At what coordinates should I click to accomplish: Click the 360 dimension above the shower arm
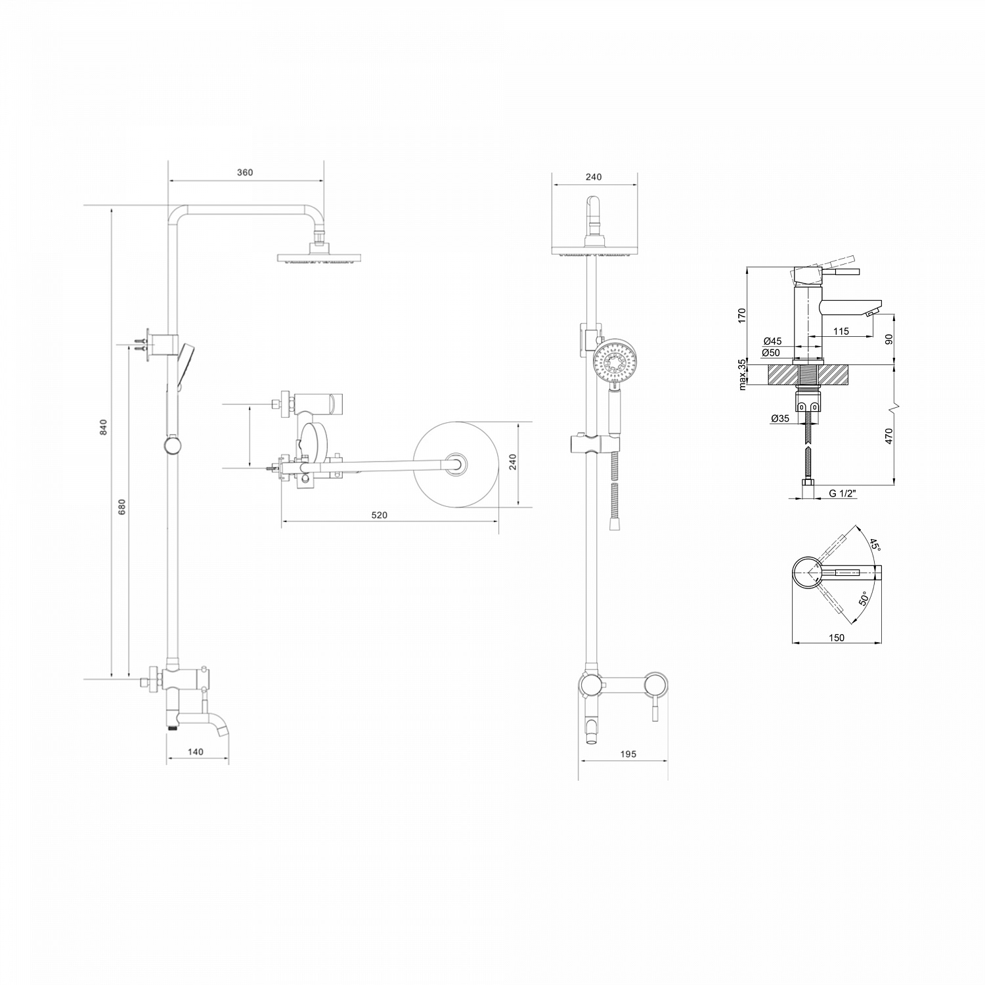(244, 173)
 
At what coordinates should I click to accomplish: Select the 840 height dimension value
(102, 426)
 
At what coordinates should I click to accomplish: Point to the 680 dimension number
(121, 507)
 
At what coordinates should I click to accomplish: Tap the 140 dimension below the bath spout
(196, 752)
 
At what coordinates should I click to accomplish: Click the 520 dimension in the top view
(380, 515)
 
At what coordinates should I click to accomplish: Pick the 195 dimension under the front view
(628, 755)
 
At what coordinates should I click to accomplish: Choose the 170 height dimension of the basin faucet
(742, 315)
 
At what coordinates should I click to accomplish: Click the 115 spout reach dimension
(841, 332)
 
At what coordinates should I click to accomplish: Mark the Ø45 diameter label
(772, 341)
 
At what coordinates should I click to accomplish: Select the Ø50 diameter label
(772, 353)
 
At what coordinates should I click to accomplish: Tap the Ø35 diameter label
(780, 418)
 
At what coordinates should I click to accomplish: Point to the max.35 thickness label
(742, 375)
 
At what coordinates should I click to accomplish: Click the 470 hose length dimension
(889, 436)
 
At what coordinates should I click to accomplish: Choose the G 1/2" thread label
(843, 493)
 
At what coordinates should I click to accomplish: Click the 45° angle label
(875, 544)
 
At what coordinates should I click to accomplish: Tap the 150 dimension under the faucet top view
(837, 638)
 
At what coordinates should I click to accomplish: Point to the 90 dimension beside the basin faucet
(890, 339)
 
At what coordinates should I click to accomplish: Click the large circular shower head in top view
(454, 464)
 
